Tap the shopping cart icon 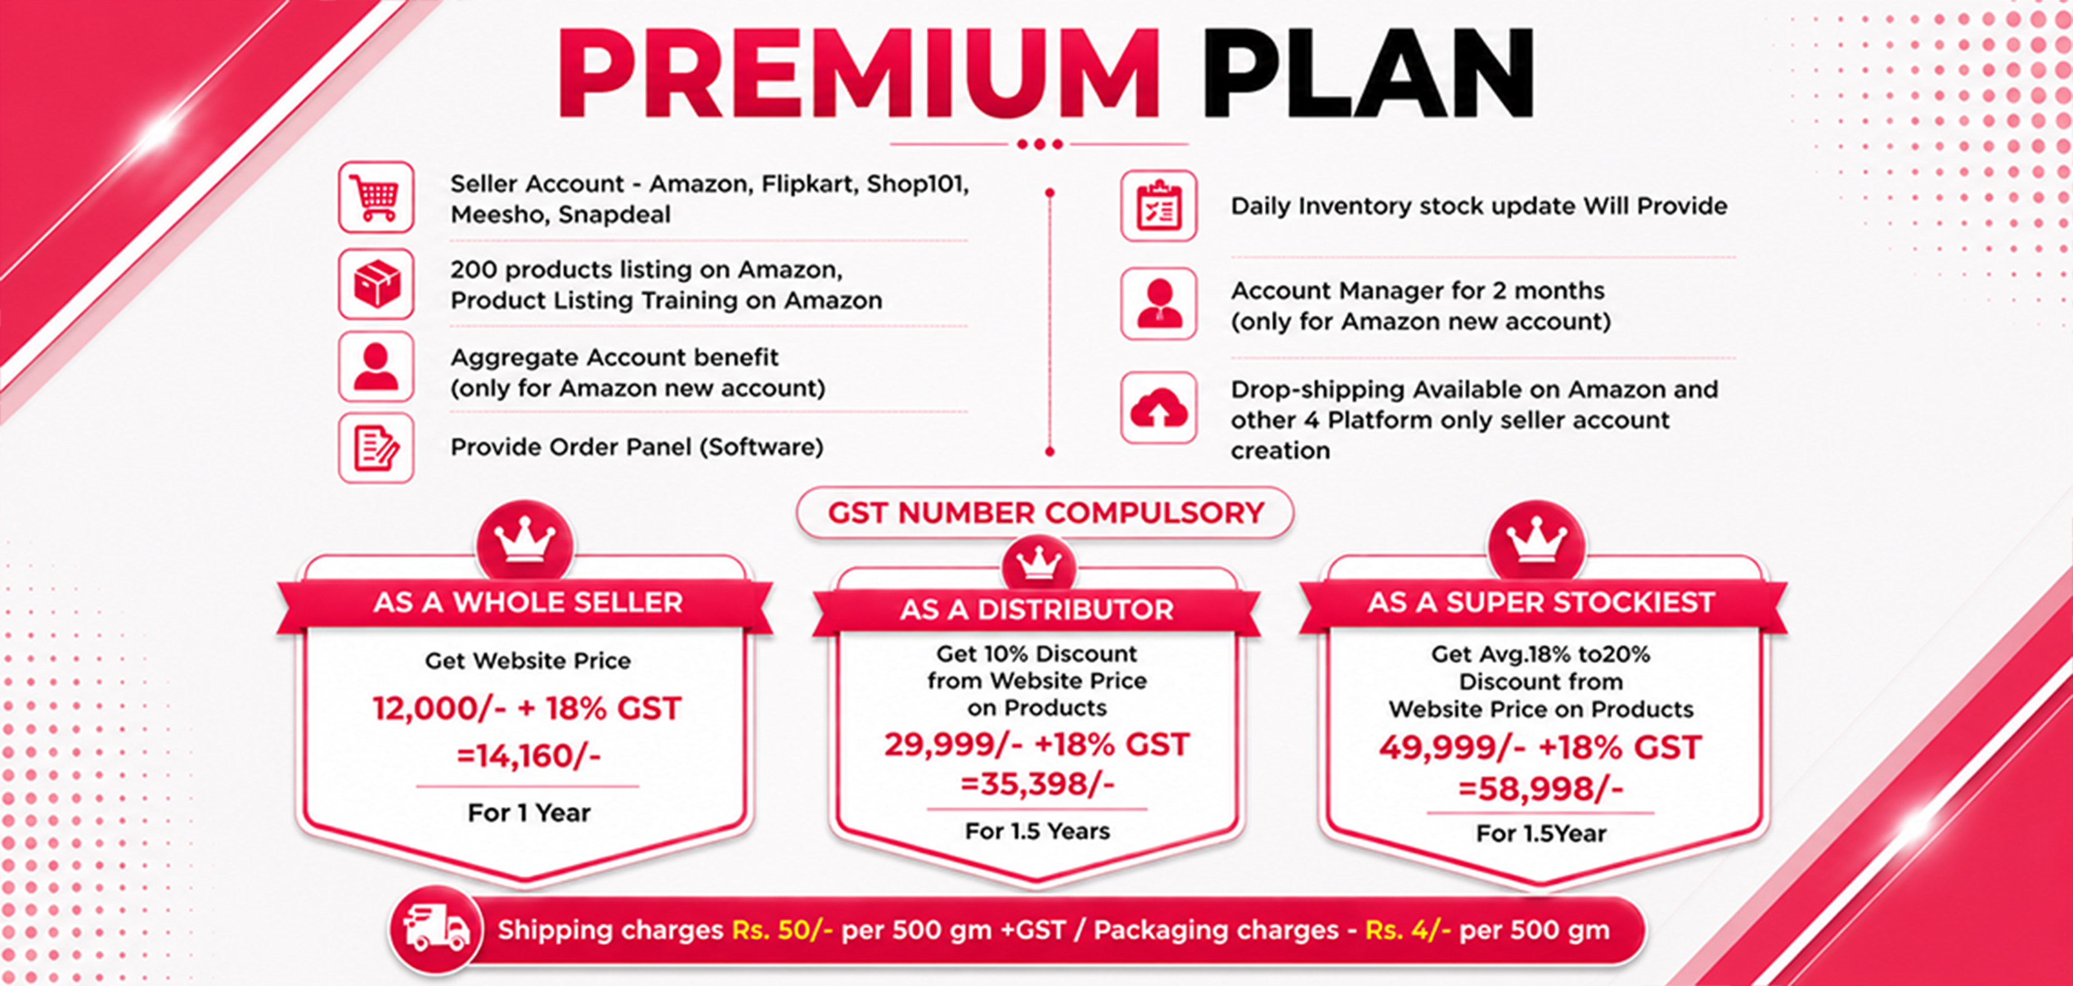[376, 197]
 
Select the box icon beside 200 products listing [376, 284]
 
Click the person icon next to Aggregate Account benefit [376, 367]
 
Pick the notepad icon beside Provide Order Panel [376, 448]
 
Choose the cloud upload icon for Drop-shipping [1159, 408]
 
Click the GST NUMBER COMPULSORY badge [1046, 513]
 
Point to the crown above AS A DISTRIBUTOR [1038, 563]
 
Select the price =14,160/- [529, 756]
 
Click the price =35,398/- [1037, 783]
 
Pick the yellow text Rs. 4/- [1408, 930]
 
